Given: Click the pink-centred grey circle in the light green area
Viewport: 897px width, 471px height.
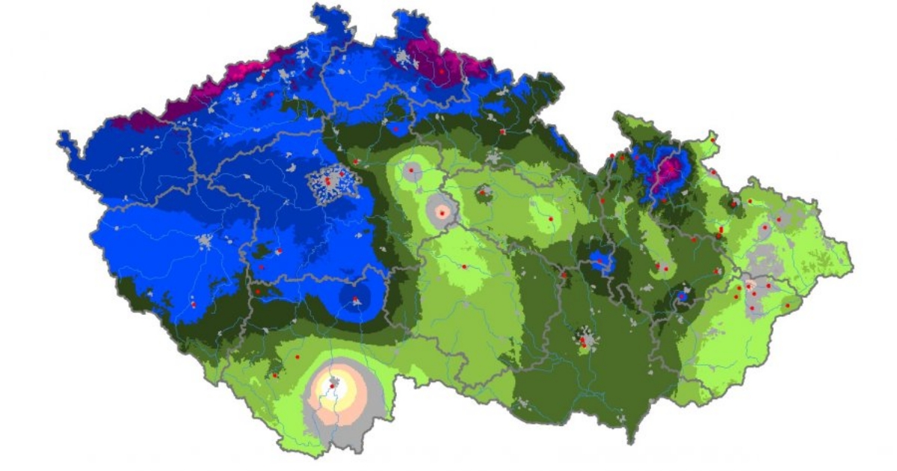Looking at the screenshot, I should coord(442,212).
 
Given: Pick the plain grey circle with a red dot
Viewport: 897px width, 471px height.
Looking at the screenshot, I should coord(410,170).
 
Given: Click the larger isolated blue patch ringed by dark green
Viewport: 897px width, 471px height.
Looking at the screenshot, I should coord(600,260).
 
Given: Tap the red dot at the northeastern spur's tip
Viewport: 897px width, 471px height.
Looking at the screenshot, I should coord(714,139).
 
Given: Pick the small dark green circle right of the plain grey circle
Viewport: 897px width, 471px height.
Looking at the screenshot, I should coord(483,194).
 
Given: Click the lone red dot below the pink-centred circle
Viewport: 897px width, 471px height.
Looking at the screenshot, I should coord(464,266).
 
